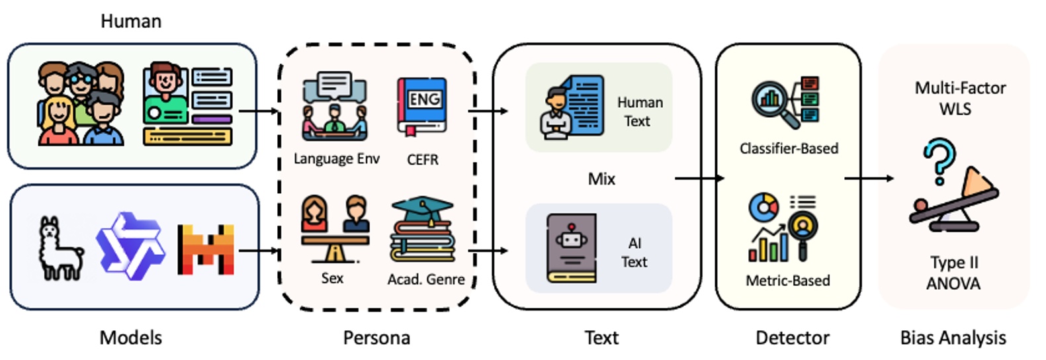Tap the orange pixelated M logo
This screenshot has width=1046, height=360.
pyautogui.click(x=206, y=249)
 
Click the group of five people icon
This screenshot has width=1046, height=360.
pyautogui.click(x=81, y=104)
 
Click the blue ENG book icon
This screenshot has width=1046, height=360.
pyautogui.click(x=422, y=106)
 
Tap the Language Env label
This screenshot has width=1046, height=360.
pyautogui.click(x=336, y=159)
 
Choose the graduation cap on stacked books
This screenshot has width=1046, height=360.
pyautogui.click(x=423, y=230)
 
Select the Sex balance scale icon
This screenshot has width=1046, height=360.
pyautogui.click(x=335, y=229)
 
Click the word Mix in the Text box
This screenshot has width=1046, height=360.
pyautogui.click(x=601, y=179)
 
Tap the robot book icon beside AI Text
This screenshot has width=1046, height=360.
pyautogui.click(x=571, y=248)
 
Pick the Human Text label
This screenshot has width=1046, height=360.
pyautogui.click(x=639, y=112)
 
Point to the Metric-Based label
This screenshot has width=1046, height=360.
pyautogui.click(x=787, y=281)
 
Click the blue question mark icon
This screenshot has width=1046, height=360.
pyautogui.click(x=939, y=161)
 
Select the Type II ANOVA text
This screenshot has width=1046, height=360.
pyautogui.click(x=953, y=273)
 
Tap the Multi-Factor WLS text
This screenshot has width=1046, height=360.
pyautogui.click(x=959, y=98)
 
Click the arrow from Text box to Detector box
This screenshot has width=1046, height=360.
pyautogui.click(x=699, y=178)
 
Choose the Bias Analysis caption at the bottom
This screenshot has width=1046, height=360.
pyautogui.click(x=953, y=337)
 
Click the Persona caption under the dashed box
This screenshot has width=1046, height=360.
pyautogui.click(x=376, y=337)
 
